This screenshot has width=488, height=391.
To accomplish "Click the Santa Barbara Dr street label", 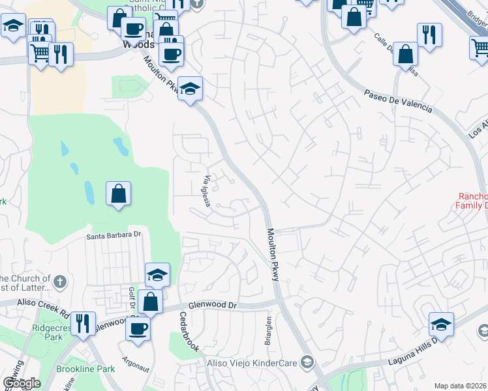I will click(114, 234).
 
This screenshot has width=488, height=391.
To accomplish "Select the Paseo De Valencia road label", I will click(398, 101).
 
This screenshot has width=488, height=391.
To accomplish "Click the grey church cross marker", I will click(59, 282).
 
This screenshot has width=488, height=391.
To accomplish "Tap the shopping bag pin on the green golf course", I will click(118, 194).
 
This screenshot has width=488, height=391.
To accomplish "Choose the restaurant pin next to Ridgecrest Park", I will click(83, 323).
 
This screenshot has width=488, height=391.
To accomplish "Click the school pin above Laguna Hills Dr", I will click(442, 324).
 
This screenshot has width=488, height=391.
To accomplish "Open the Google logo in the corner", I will click(22, 383).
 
